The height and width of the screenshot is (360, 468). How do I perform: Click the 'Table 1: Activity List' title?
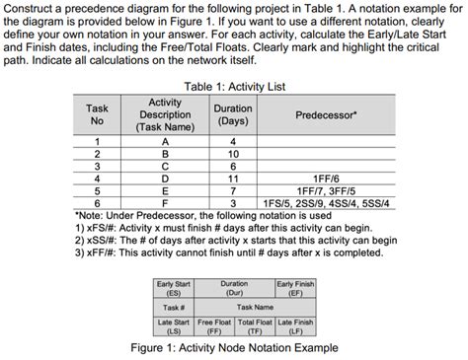coord(234,87)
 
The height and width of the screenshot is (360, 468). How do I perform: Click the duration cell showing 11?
coord(233,178)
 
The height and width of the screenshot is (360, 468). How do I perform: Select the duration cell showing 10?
coord(233,154)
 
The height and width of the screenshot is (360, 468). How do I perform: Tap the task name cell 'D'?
coord(164,178)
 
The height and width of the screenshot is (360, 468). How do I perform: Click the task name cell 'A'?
coord(164,142)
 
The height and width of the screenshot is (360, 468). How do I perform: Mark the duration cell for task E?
coord(233,189)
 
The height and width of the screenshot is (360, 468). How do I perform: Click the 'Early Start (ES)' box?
coord(174,287)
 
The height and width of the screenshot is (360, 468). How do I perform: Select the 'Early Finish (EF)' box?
coord(295,287)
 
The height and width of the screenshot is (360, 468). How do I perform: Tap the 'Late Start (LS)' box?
coord(174,324)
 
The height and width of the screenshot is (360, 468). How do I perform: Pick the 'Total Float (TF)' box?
coord(255,324)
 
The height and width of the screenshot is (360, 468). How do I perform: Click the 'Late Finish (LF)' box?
coord(295,324)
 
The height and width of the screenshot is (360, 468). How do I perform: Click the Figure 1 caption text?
coord(234,348)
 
